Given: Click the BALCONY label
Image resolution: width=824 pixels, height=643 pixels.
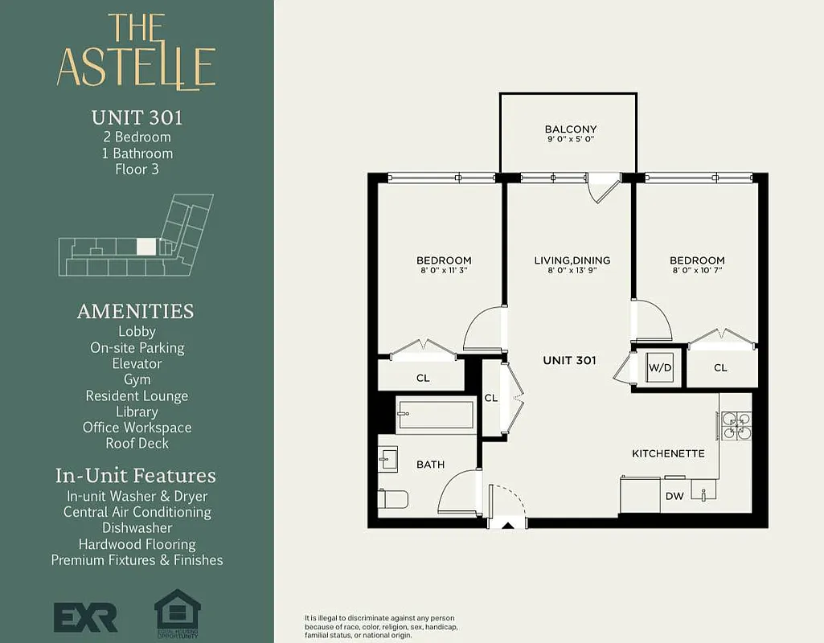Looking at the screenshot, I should [570, 129].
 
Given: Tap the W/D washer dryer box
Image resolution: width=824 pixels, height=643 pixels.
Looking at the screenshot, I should [659, 367].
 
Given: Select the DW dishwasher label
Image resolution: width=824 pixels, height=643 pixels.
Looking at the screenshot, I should [674, 496].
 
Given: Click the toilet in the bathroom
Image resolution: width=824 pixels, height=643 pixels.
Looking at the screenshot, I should [393, 498].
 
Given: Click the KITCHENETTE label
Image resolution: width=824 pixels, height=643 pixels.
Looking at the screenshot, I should [668, 453].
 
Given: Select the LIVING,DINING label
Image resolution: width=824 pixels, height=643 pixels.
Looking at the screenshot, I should [572, 260].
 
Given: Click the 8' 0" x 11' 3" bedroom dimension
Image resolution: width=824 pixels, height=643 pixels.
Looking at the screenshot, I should [444, 271].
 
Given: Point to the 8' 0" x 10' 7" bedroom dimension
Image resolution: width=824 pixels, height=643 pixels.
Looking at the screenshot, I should [697, 271].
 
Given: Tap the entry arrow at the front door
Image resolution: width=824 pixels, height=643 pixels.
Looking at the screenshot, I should [508, 526].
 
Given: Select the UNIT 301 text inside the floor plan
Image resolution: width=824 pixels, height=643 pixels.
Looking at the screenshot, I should [569, 360].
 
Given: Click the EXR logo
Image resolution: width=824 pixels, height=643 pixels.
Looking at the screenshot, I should [85, 616].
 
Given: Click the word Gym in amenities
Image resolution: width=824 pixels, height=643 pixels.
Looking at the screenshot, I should [137, 379].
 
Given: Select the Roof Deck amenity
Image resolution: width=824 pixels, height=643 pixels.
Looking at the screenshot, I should [137, 443].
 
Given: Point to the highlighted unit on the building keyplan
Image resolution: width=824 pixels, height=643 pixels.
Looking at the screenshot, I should [146, 247].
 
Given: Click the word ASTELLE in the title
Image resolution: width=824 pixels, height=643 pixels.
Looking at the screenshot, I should [136, 68].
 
